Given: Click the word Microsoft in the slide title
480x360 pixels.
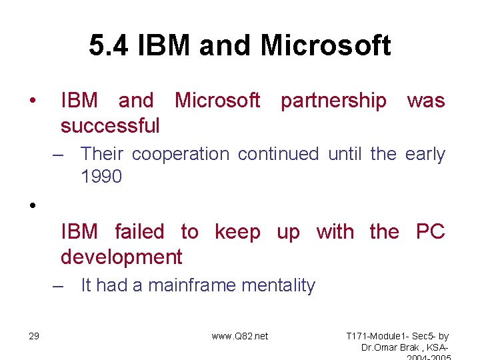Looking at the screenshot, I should pyautogui.click(x=326, y=46).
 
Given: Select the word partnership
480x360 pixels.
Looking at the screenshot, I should pyautogui.click(x=333, y=101).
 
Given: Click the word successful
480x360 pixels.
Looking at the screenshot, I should pyautogui.click(x=110, y=125).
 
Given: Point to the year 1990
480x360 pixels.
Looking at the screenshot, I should pyautogui.click(x=101, y=177).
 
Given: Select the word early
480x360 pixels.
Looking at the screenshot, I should pyautogui.click(x=425, y=154).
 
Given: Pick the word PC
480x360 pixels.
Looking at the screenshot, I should pyautogui.click(x=430, y=232).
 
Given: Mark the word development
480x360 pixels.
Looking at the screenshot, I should pyautogui.click(x=121, y=257).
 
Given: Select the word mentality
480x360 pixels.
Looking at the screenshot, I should pyautogui.click(x=278, y=285).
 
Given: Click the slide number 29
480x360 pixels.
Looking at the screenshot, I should pyautogui.click(x=34, y=336).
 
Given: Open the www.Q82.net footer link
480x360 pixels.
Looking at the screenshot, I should pyautogui.click(x=239, y=336).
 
